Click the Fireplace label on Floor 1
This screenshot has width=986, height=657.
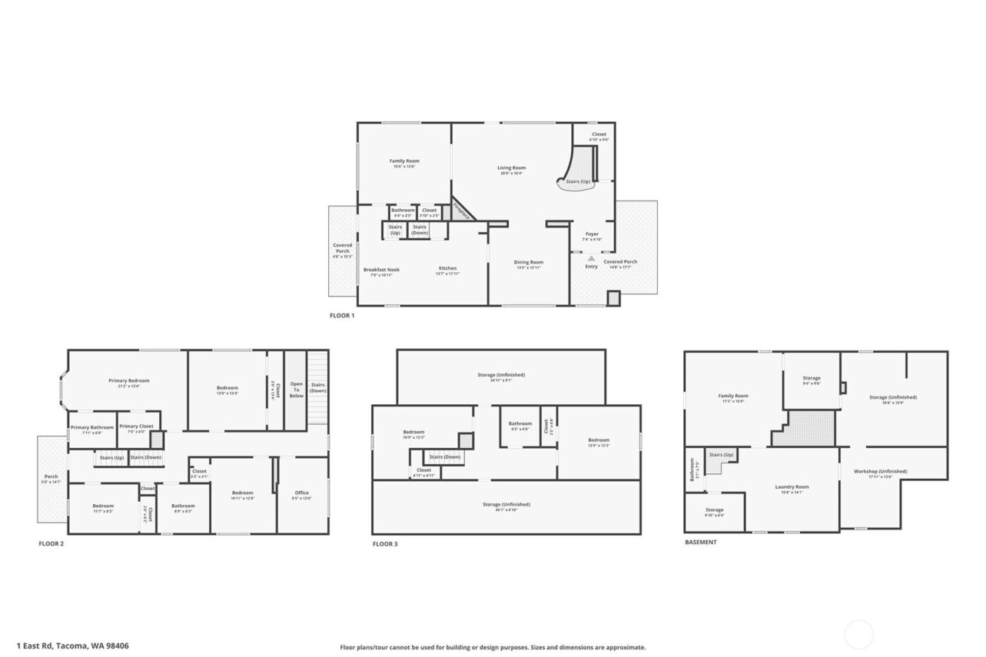(x=461, y=211)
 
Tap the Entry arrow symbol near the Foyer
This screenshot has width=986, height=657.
(x=591, y=259)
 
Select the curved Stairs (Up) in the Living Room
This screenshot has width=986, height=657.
(x=578, y=181)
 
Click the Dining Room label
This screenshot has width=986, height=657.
(x=528, y=263)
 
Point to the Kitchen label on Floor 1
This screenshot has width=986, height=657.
(x=447, y=268)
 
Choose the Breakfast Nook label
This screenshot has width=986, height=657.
(x=381, y=270)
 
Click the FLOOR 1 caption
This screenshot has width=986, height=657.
(x=342, y=315)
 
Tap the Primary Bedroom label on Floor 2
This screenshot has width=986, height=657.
(x=129, y=381)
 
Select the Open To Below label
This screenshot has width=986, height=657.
(x=297, y=390)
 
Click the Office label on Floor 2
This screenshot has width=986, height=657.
(x=301, y=493)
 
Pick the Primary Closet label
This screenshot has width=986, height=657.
(x=136, y=426)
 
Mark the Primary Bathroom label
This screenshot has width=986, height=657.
(x=92, y=427)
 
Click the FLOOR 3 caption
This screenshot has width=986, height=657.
(x=385, y=544)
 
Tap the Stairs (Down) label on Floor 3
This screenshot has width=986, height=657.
(x=444, y=457)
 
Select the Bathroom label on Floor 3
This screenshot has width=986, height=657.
(x=520, y=424)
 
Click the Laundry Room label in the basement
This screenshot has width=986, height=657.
(x=792, y=487)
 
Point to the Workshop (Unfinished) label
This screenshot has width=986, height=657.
(x=880, y=471)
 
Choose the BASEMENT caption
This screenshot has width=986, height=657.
(x=700, y=542)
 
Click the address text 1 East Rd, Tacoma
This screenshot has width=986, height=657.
(x=82, y=646)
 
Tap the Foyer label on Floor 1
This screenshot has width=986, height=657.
(x=592, y=234)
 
